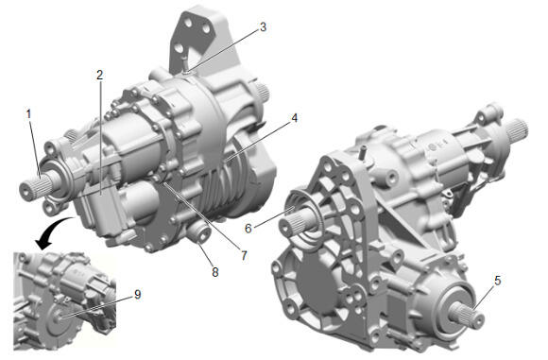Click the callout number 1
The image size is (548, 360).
pyautogui.click(x=28, y=114)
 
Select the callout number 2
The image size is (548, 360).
pyautogui.click(x=100, y=75)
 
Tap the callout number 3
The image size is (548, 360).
pyautogui.click(x=263, y=27)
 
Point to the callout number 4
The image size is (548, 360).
pyautogui.click(x=294, y=118)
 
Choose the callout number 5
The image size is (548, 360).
pyautogui.click(x=498, y=280)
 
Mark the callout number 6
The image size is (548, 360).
pyautogui.click(x=248, y=229)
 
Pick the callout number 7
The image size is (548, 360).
pyautogui.click(x=244, y=255)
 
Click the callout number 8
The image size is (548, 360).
pyautogui.click(x=215, y=272)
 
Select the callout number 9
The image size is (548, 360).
pyautogui.click(x=138, y=294)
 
